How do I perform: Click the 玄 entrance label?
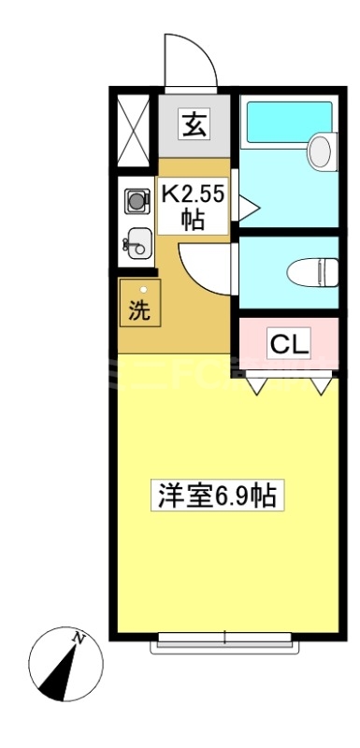coord(194,124)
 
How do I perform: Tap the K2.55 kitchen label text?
coord(194,196)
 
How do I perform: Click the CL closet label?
coord(289,344)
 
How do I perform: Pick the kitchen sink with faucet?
coord(137,242)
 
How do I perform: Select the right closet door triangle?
coord(322,383)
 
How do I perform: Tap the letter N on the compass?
coord(80,640)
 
